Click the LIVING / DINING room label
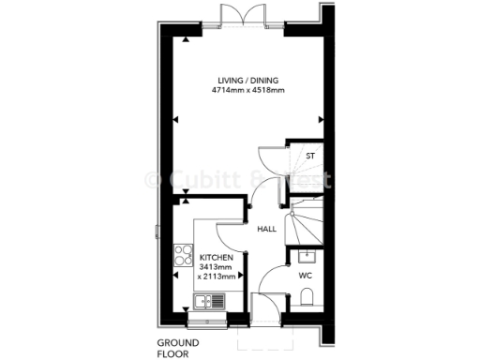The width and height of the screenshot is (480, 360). tap(247, 81)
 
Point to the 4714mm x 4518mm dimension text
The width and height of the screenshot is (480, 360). tap(247, 91)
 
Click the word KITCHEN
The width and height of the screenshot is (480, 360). tap(215, 257)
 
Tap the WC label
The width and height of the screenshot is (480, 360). tap(305, 276)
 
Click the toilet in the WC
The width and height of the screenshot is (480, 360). tap(308, 299)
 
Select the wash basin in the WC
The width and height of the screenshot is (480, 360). tap(306, 256)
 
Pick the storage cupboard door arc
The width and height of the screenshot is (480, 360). tap(272, 161)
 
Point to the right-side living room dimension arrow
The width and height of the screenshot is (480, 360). tap(320, 119)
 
